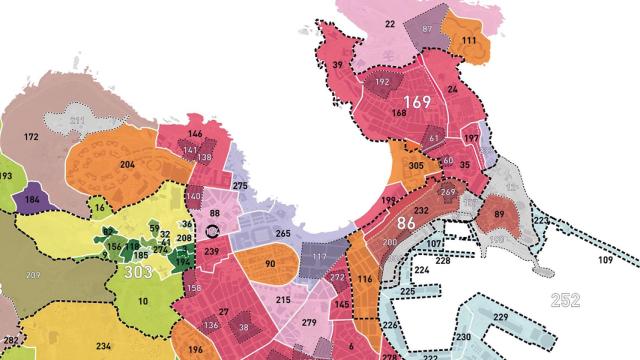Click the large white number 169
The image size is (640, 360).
[x=418, y=103]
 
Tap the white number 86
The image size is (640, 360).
[x=405, y=225]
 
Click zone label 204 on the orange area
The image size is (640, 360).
[x=128, y=164]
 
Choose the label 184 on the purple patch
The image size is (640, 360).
[x=33, y=199]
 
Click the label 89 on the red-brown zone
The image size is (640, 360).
[x=498, y=215]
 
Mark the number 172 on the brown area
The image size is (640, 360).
[x=30, y=136]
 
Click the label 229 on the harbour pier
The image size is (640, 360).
[x=500, y=317]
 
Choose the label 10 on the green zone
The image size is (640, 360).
[x=143, y=300]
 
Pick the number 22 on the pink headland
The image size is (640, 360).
[x=389, y=23]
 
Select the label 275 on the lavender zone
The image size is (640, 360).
[x=239, y=186]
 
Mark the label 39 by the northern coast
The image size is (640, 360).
[x=338, y=65]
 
